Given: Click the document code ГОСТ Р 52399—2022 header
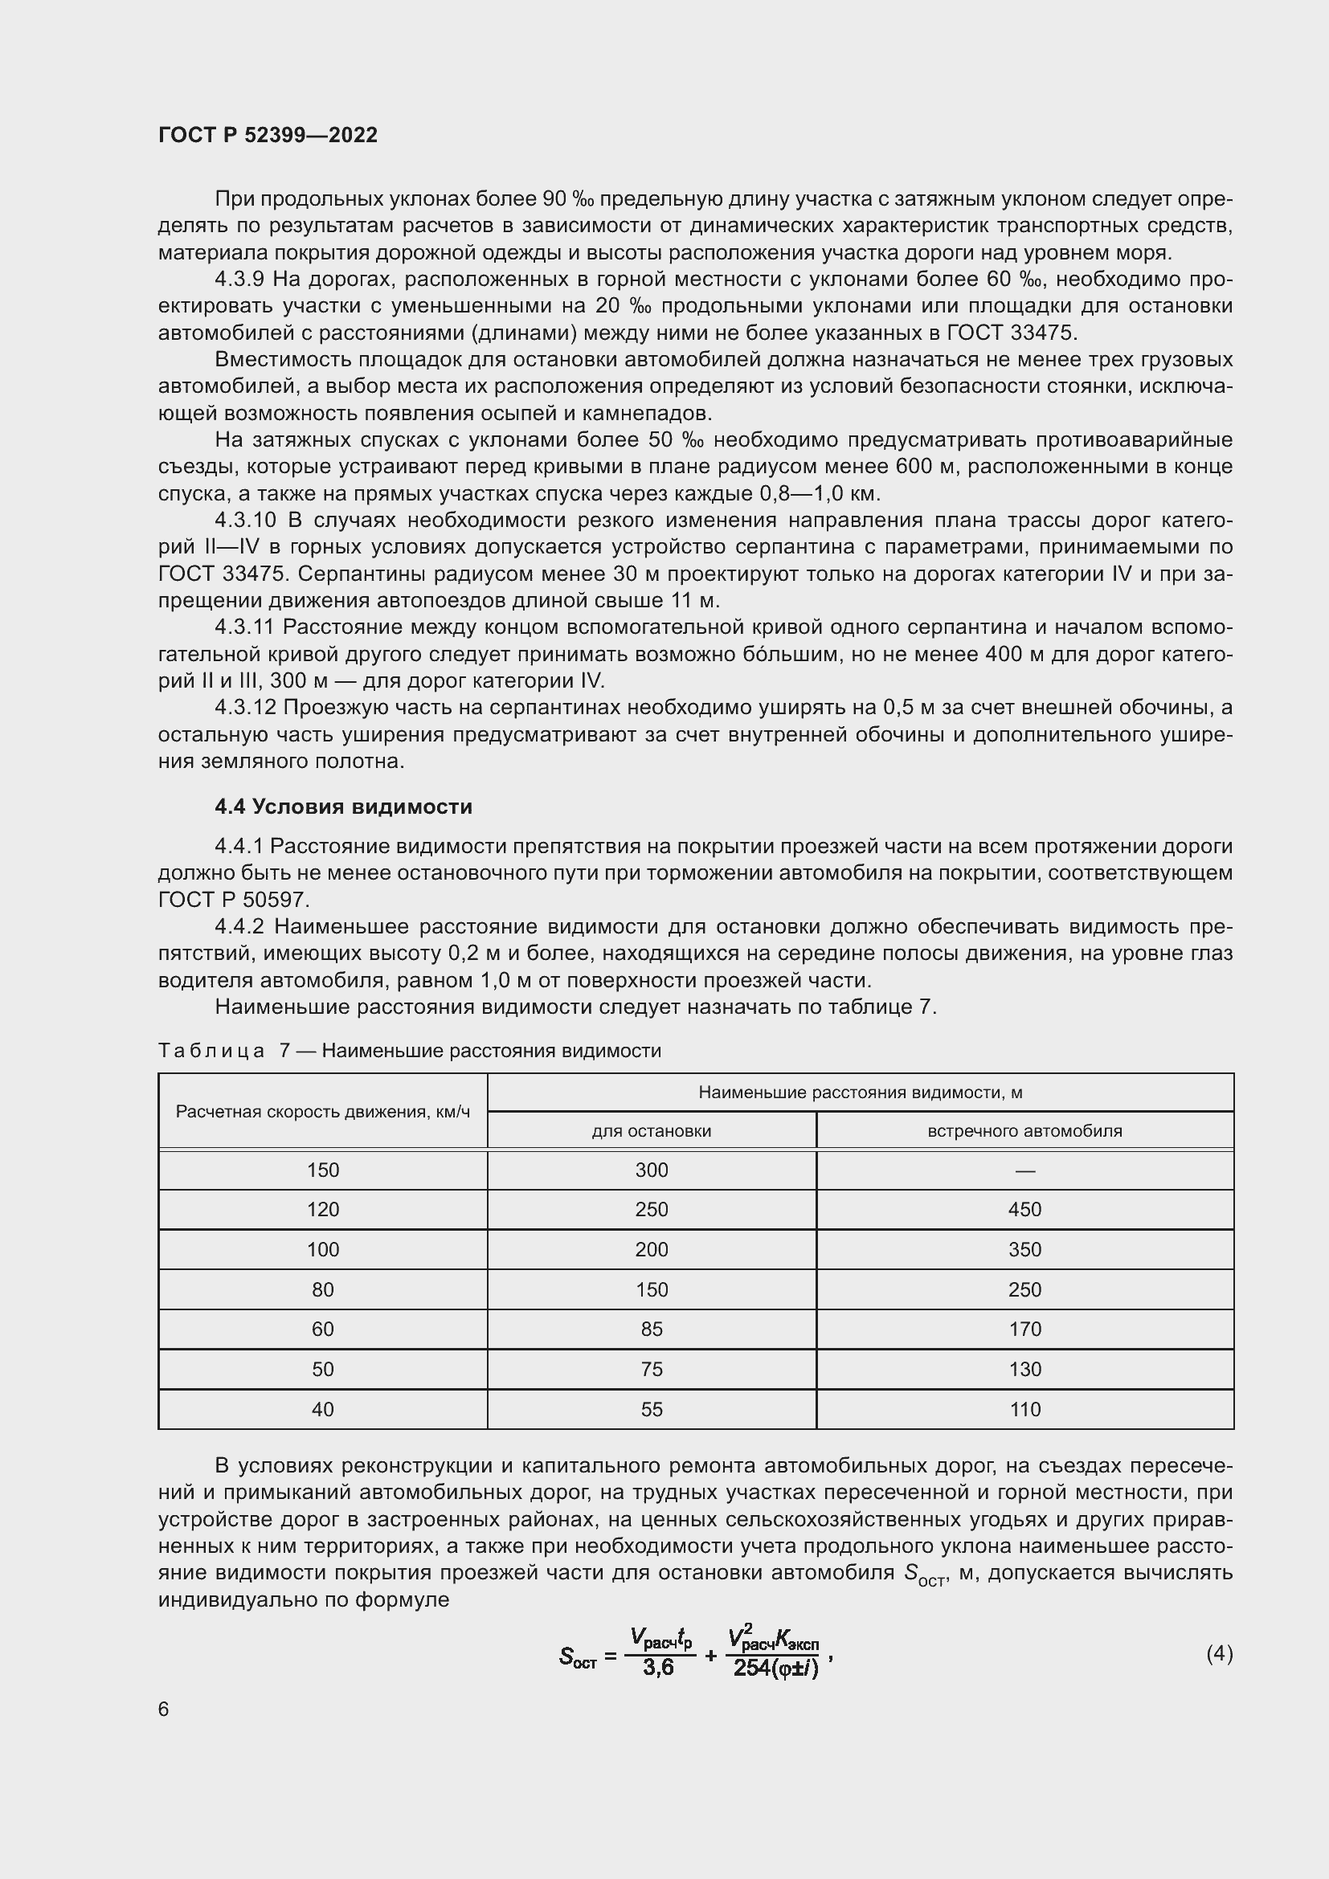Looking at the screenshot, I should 268,135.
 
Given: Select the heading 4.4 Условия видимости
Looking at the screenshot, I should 344,807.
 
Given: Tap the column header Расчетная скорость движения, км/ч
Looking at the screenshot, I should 322,1111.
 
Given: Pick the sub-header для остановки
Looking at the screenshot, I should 652,1131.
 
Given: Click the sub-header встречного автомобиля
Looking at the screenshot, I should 1024,1131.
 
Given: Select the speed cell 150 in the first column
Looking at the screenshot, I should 322,1170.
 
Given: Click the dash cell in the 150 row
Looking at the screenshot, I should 1024,1171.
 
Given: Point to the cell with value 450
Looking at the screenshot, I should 1024,1210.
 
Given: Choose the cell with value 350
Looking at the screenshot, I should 1024,1250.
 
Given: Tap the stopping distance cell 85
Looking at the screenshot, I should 652,1329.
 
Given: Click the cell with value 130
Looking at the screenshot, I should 1024,1369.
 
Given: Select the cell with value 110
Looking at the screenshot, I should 1024,1409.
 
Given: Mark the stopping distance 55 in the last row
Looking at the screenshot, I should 652,1409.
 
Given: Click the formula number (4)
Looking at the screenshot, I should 1220,1654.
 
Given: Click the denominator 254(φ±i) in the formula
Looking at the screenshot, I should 775,1668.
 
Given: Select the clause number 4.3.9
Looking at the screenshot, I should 239,280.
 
